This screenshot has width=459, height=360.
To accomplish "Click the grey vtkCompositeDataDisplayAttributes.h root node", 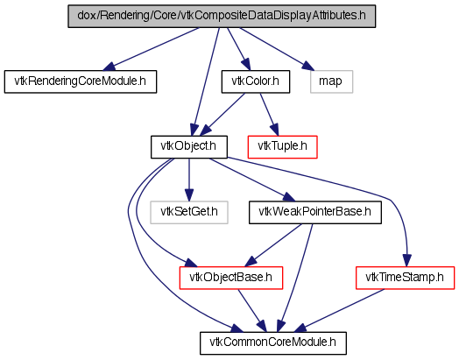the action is coord(222,17).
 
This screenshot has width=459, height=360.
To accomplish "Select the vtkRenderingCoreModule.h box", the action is coord(81,81).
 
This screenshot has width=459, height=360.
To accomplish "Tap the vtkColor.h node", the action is coord(256,81).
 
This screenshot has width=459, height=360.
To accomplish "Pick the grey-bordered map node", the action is coord(331,81).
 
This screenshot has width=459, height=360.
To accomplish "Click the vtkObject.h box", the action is coord(189,147).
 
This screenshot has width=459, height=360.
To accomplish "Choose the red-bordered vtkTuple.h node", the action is coord(282,147).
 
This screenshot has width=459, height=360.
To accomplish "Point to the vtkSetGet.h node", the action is coord(189,213).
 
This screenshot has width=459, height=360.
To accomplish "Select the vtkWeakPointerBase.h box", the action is coord(315,213).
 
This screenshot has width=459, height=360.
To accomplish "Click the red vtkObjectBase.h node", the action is coord(231,278).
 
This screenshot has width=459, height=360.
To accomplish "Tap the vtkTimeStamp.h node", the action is coord(406,278).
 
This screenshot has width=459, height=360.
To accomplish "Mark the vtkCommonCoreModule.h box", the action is coord(273,343).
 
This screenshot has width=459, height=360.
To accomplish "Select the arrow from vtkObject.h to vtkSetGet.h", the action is coord(189,180).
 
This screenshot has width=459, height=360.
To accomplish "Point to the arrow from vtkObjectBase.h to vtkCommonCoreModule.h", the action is coord(252,311).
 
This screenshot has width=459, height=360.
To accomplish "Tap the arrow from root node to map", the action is coord(277,49).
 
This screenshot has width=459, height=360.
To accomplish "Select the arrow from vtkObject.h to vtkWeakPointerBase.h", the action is coord(251,180).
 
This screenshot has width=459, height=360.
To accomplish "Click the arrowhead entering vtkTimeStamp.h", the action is coord(407,261).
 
